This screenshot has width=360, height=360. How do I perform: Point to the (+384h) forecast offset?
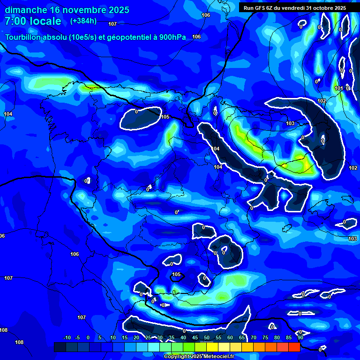click(83, 21)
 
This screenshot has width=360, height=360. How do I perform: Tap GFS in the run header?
click(262, 8)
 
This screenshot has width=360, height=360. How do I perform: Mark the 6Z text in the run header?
click(274, 8)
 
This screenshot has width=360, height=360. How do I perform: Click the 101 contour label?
click(339, 88)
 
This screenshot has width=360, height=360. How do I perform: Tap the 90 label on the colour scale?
click(300, 338)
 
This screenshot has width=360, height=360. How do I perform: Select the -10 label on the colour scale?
click(67, 338)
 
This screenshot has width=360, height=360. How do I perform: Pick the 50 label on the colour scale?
click(207, 338)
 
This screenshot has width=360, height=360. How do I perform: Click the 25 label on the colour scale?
click(148, 338)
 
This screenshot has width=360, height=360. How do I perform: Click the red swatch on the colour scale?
click(294, 347)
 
